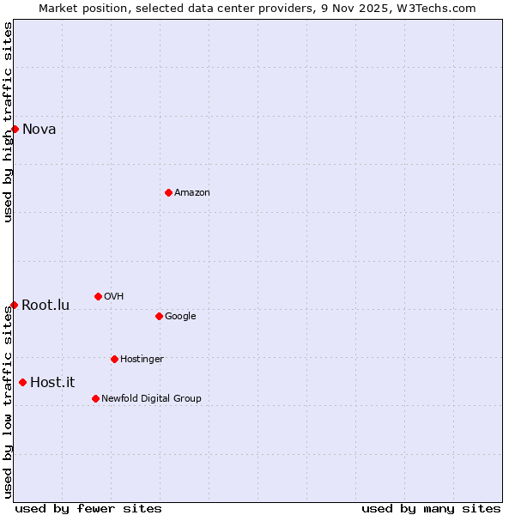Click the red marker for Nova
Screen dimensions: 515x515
[15, 129]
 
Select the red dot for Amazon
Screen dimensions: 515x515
[168, 192]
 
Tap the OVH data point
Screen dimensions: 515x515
[98, 296]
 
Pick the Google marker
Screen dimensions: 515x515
[159, 316]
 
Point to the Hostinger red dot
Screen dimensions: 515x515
[114, 359]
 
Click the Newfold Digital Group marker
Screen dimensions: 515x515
[95, 398]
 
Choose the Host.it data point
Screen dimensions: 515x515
[22, 382]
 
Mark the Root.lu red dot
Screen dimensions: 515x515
[14, 305]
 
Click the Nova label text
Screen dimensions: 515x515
[39, 130]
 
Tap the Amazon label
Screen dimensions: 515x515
[192, 193]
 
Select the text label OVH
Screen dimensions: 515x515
[114, 297]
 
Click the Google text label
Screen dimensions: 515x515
[180, 317]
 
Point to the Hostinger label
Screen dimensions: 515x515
[142, 360]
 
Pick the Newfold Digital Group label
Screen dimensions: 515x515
[151, 399]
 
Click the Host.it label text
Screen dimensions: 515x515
[53, 383]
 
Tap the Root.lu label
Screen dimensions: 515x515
[45, 306]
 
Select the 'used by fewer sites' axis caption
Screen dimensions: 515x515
[88, 509]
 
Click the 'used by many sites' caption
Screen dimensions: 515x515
[431, 509]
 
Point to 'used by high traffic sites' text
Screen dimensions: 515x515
[8, 122]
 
